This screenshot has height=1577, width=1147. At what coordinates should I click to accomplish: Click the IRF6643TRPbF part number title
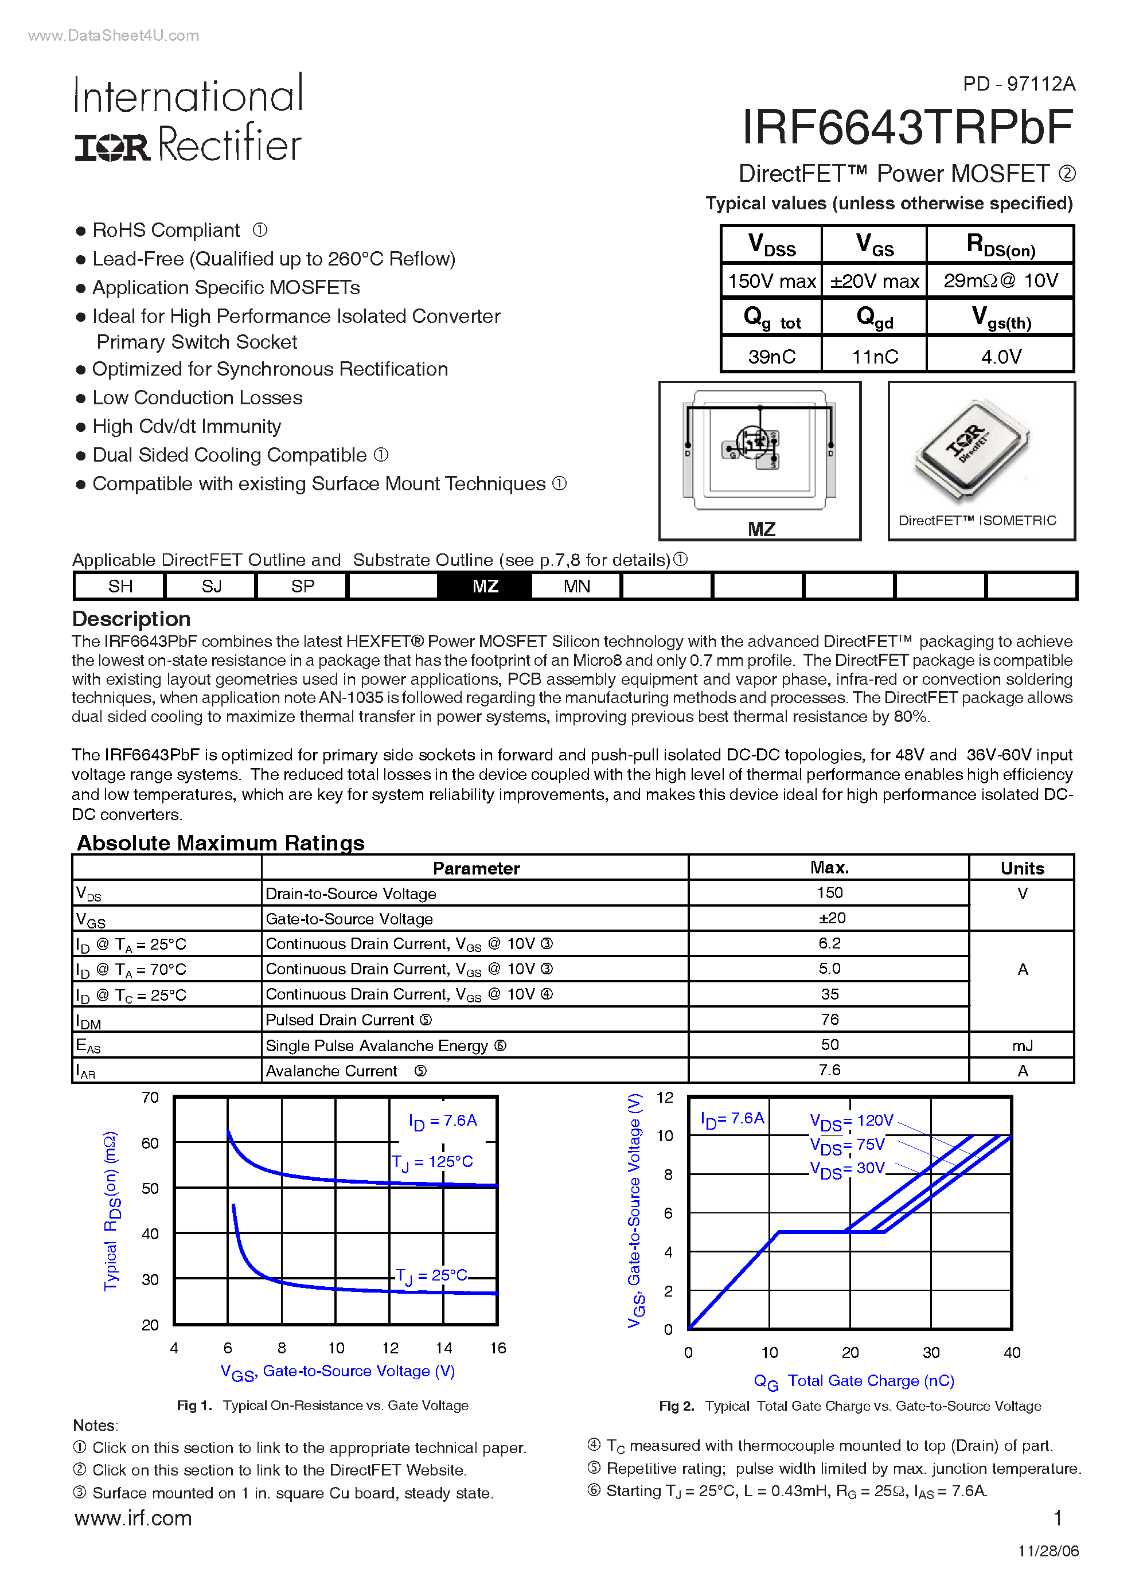[x=907, y=128]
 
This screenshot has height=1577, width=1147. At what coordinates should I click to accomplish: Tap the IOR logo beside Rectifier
[x=112, y=147]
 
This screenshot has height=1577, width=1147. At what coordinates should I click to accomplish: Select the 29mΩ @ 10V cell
[x=1000, y=281]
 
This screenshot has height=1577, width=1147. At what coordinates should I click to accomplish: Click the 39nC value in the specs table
[x=771, y=357]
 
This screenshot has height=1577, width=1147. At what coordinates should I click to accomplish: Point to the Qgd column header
[x=875, y=318]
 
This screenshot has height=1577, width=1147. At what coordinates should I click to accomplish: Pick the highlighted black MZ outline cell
[x=485, y=586]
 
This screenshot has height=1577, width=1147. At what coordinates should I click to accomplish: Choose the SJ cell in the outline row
[x=212, y=586]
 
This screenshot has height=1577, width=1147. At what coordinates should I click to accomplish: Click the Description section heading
[x=131, y=619]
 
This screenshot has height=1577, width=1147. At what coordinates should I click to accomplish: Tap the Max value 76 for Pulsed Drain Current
[x=829, y=1020]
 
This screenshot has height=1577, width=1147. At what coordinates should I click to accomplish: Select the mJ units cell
[x=1022, y=1045]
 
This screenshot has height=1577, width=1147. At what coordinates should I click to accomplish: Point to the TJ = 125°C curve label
[x=432, y=1162]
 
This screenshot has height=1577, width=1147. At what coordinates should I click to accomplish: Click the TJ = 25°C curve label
[x=431, y=1275]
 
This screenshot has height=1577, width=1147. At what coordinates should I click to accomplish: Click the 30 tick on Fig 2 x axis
[x=931, y=1352]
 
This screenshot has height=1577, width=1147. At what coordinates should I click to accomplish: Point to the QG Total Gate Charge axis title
[x=853, y=1381]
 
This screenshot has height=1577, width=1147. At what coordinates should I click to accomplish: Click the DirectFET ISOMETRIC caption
[x=977, y=521]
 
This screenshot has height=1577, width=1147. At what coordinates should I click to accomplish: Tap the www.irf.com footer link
[x=133, y=1518]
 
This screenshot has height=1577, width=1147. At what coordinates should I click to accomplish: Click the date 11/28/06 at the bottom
[x=1048, y=1551]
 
